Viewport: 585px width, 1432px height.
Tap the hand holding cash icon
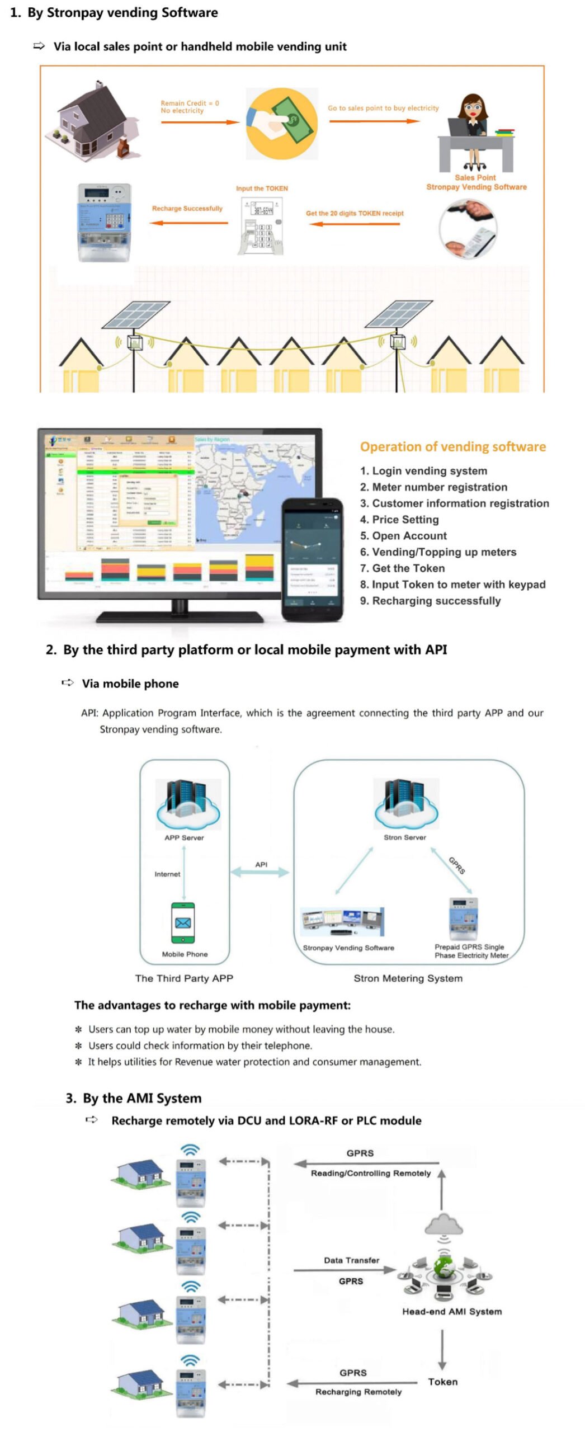282,124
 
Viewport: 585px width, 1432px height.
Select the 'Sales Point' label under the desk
475,177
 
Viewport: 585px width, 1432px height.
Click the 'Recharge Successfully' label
187,209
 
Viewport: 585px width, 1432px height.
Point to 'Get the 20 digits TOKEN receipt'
354,213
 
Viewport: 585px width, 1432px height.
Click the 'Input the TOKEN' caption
262,189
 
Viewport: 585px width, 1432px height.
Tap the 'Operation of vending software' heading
452,446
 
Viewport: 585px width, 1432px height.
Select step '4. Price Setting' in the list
399,519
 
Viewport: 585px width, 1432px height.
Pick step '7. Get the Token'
402,568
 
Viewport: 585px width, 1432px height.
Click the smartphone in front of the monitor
312,559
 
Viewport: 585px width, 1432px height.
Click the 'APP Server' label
184,837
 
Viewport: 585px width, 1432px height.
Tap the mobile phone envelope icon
183,923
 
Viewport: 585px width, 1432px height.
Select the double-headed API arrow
260,872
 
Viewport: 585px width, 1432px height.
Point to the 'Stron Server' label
404,837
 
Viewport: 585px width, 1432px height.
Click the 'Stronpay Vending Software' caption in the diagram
348,948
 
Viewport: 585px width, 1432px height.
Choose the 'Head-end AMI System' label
451,1311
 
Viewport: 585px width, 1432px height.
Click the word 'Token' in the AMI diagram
442,1382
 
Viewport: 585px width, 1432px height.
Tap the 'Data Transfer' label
351,1260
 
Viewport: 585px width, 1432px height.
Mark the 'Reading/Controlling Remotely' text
370,1173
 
